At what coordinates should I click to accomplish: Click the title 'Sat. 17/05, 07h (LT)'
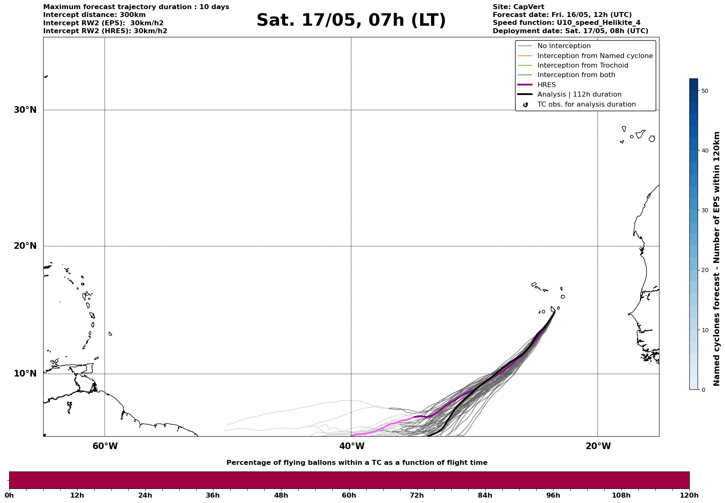pyautogui.click(x=351, y=20)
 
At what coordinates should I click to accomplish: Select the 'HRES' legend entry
pyautogui.click(x=546, y=85)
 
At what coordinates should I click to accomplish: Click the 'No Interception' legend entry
pyautogui.click(x=564, y=46)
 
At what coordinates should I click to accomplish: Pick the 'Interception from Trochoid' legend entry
pyautogui.click(x=582, y=66)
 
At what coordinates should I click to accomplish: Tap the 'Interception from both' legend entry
pyautogui.click(x=576, y=75)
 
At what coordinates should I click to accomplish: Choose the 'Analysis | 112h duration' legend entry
pyautogui.click(x=579, y=95)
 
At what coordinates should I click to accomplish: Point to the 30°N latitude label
pyautogui.click(x=25, y=110)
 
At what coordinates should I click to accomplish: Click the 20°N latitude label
pyautogui.click(x=25, y=246)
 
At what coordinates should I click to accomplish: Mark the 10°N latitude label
pyautogui.click(x=25, y=374)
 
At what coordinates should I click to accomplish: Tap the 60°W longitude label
pyautogui.click(x=105, y=446)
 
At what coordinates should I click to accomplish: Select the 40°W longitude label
pyautogui.click(x=351, y=446)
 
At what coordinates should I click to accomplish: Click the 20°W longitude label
pyautogui.click(x=598, y=446)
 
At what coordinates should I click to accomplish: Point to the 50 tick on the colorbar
pyautogui.click(x=704, y=91)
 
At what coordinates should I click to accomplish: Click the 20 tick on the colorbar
pyautogui.click(x=704, y=270)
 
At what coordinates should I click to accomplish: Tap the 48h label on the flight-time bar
pyautogui.click(x=281, y=495)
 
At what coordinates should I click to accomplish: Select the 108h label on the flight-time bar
pyautogui.click(x=621, y=495)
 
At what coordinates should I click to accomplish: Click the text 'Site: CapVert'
pyautogui.click(x=518, y=7)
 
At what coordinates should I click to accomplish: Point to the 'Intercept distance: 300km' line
pyautogui.click(x=94, y=15)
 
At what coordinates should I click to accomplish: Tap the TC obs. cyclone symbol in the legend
pyautogui.click(x=526, y=105)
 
